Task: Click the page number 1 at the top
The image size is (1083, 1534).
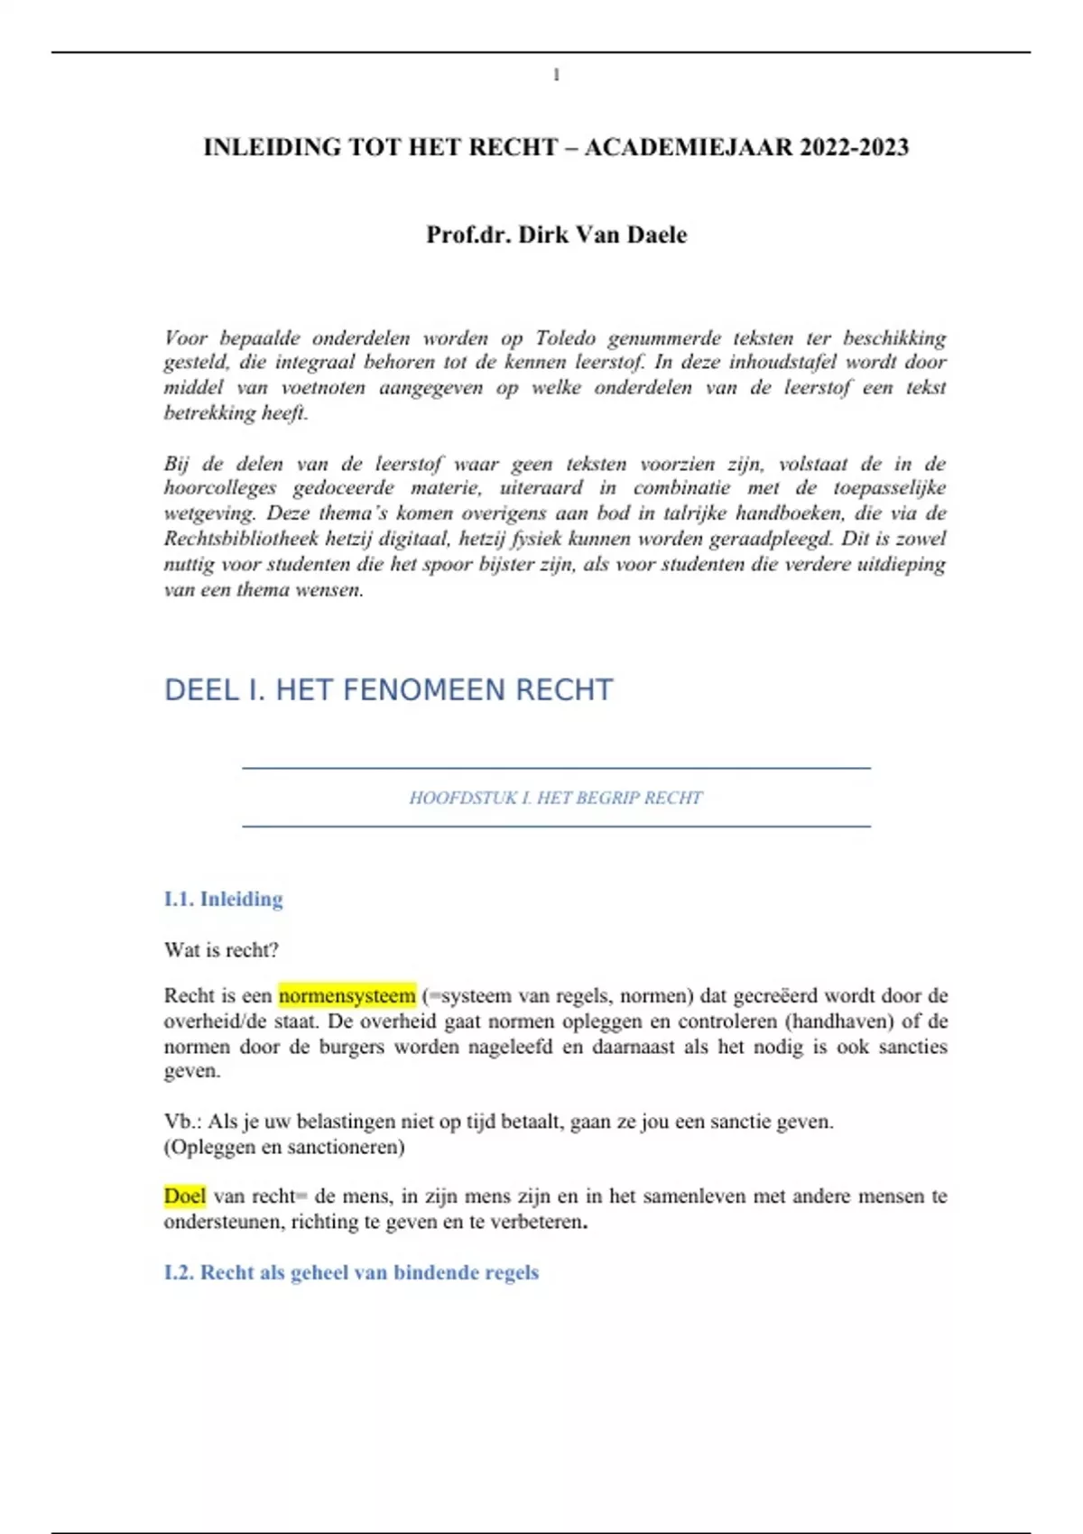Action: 556,76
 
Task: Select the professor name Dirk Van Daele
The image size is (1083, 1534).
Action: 602,235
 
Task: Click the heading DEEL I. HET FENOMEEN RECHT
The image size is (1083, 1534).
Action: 388,690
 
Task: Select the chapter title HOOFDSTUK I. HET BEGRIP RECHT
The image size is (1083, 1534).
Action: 555,798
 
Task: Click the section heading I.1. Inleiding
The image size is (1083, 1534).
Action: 223,899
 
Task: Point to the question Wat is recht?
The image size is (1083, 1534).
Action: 221,949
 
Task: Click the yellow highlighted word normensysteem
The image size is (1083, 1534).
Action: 347,995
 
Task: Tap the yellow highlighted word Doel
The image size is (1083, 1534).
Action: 184,1196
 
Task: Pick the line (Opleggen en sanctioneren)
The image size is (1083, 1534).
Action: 283,1147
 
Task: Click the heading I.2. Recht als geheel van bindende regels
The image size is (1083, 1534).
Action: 351,1272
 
